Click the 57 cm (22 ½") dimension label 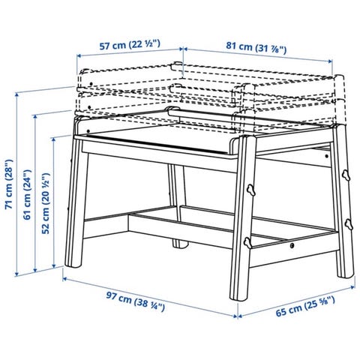130,45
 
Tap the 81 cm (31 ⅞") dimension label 256,48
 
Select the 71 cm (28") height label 9,184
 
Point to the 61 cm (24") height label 27,195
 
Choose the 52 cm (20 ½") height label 46,203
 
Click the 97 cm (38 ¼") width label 136,301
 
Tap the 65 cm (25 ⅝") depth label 305,306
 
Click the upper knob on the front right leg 250,190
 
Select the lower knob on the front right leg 247,243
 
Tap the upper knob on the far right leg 346,175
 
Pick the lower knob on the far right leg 349,224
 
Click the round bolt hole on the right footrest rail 292,245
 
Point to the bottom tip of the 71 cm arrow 16,276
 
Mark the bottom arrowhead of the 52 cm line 53,268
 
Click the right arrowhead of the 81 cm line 332,61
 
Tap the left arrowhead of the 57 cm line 77,55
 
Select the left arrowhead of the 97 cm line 63,278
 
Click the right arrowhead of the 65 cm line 355,286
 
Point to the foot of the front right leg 238,298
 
